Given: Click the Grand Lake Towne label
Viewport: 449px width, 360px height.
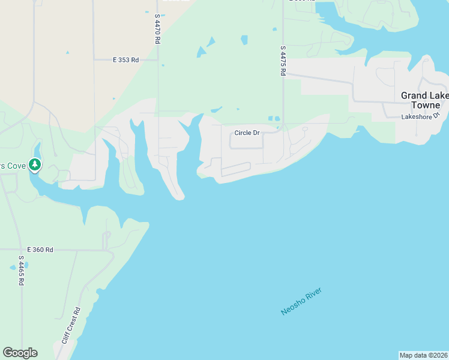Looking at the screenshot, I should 422,100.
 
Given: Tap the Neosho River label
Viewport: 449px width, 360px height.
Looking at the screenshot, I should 301,302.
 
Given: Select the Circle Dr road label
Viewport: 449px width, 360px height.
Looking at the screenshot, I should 247,133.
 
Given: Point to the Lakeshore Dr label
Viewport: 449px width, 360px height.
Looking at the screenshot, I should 421,116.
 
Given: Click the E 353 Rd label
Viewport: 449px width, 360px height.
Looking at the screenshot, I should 125,60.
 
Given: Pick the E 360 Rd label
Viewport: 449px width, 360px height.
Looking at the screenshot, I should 40,250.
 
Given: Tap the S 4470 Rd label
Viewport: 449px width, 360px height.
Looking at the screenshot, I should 157,29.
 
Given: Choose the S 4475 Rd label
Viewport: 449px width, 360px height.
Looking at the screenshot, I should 282,61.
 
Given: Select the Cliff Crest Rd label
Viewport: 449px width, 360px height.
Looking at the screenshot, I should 70,326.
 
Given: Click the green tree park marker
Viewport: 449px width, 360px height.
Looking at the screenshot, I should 35,164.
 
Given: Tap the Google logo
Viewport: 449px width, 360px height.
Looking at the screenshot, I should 20,353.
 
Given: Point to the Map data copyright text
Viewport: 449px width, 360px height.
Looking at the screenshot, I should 423,355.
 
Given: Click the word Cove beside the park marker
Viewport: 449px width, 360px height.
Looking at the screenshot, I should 17,165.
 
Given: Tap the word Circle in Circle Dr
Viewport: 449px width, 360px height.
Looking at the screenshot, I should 243,133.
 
